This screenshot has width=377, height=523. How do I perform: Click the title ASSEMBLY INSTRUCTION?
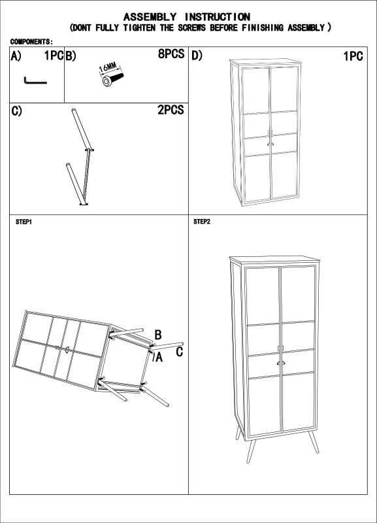coord(187,16)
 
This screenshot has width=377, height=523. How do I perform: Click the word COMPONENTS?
coord(31,41)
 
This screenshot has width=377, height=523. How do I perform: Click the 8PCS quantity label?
coord(171,55)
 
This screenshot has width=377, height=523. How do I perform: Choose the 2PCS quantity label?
coord(171,110)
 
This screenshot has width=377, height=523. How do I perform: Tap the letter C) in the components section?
coord(17,110)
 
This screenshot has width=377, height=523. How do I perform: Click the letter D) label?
coord(197,56)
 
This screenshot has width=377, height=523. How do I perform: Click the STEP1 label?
coord(24,222)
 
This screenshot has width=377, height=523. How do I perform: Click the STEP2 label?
coord(202,222)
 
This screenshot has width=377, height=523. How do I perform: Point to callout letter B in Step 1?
coord(158,335)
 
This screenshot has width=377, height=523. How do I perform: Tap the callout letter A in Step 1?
coord(157,356)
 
